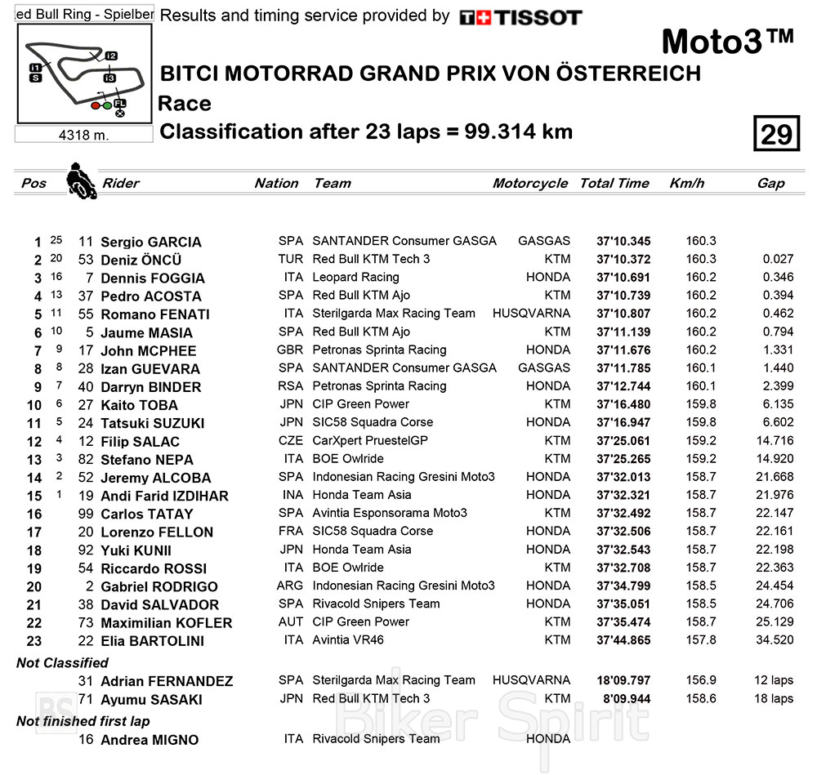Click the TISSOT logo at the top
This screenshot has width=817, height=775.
(520, 17)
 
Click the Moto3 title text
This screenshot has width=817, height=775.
(726, 42)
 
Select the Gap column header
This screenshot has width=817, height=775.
(770, 183)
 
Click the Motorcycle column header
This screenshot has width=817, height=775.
(529, 183)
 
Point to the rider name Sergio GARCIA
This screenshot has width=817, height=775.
(150, 242)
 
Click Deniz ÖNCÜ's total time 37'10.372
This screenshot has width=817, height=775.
(623, 260)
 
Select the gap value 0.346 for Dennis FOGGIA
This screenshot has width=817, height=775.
(778, 278)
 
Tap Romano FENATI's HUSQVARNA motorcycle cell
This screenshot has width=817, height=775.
(531, 314)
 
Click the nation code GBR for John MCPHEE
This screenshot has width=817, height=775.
(290, 350)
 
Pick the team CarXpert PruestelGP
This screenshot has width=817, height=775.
(370, 441)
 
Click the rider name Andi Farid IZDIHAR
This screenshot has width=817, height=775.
(164, 496)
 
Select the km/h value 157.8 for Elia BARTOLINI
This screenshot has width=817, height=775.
(701, 640)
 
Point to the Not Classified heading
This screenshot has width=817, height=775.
(62, 663)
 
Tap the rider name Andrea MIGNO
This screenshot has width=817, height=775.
(150, 740)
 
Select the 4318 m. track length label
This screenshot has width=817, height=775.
(83, 135)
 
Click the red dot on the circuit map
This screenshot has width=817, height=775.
(96, 105)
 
